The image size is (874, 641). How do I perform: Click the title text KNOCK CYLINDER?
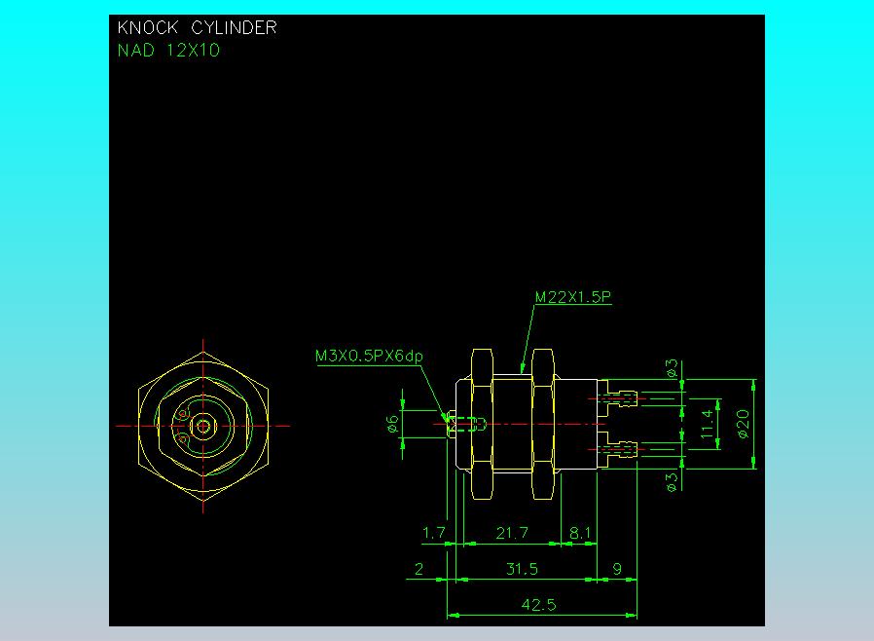(x=197, y=28)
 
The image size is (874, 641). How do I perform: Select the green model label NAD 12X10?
(x=168, y=51)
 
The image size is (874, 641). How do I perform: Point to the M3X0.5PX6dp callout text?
(x=369, y=357)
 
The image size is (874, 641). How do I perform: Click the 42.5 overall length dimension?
(x=538, y=605)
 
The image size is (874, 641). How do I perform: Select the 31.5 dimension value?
(x=523, y=569)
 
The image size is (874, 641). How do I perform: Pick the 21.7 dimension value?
(x=511, y=533)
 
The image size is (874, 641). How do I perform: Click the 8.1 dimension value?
(x=580, y=533)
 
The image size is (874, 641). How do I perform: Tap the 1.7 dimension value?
(x=433, y=533)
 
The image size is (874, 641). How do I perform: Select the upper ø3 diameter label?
(x=671, y=369)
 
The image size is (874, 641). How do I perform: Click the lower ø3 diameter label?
(x=671, y=480)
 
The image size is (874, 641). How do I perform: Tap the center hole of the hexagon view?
(x=203, y=426)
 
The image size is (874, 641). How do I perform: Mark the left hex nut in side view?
(x=481, y=424)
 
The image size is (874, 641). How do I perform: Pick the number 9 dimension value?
(x=616, y=569)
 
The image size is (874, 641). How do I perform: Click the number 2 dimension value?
(x=419, y=569)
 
